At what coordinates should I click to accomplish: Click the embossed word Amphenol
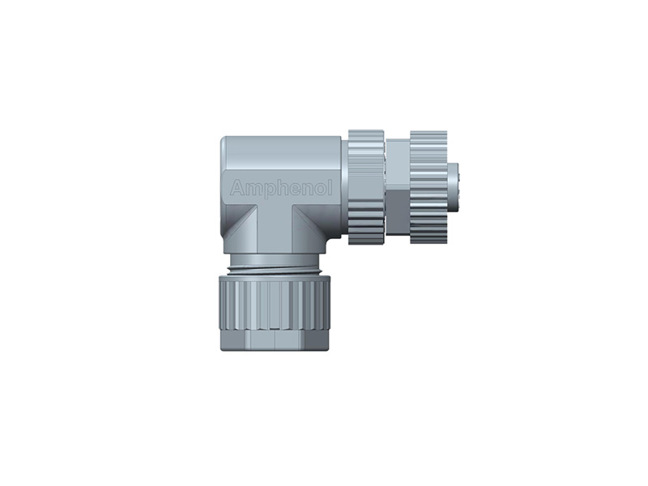(281, 189)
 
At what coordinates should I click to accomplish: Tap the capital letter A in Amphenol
(237, 189)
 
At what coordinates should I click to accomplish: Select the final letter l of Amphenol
(330, 188)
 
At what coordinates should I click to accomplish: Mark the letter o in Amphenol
(320, 190)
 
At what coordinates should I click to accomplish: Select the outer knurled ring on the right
(428, 186)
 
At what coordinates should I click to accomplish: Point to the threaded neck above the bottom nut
(275, 265)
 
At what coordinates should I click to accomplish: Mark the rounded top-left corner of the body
(228, 143)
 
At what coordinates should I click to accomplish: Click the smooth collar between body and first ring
(345, 186)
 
